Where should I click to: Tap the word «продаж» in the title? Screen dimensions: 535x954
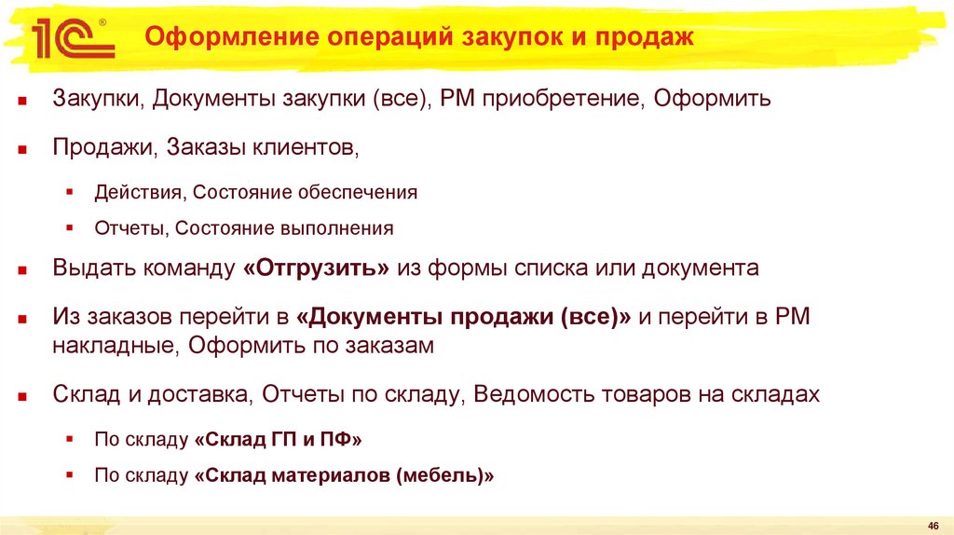click(x=649, y=38)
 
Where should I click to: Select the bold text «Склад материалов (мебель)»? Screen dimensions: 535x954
click(x=344, y=474)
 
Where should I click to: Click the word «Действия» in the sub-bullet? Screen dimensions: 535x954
click(x=138, y=193)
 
